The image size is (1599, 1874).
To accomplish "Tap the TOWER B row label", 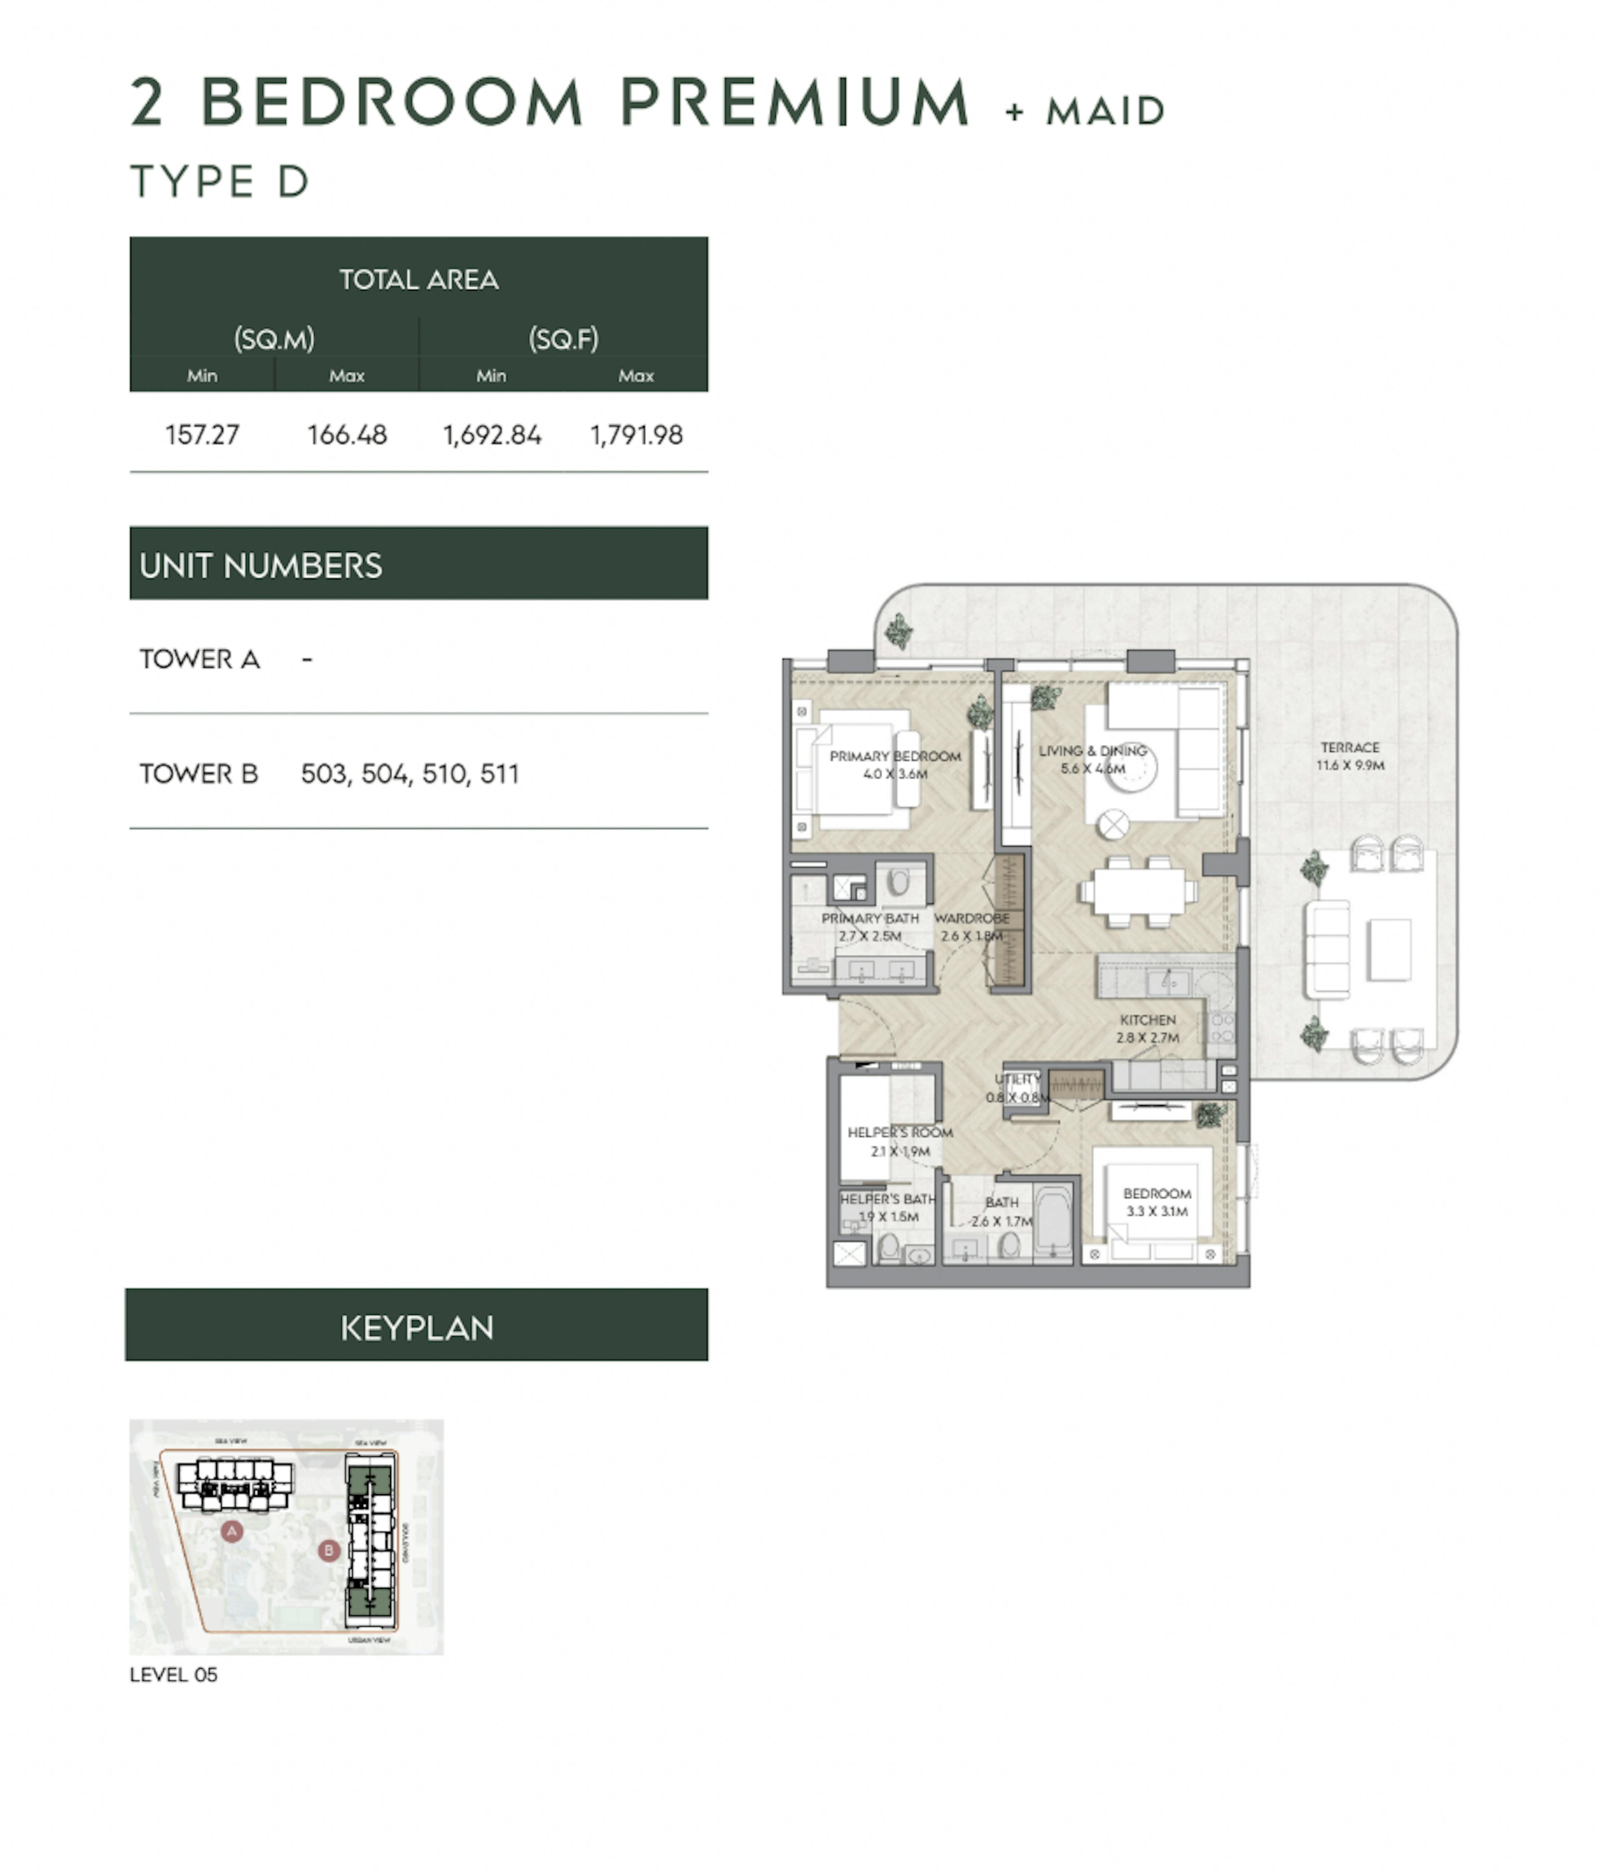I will pyautogui.click(x=199, y=773).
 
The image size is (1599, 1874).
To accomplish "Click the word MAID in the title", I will pyautogui.click(x=1104, y=111).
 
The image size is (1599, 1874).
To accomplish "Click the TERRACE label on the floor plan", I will pyautogui.click(x=1350, y=747).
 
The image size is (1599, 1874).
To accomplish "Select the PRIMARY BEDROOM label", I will pyautogui.click(x=894, y=756).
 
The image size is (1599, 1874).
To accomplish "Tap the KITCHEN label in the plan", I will pyautogui.click(x=1147, y=1019).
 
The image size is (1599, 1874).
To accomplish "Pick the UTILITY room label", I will pyautogui.click(x=1017, y=1079).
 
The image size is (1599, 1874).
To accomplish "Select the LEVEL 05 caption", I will pyautogui.click(x=174, y=1674).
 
